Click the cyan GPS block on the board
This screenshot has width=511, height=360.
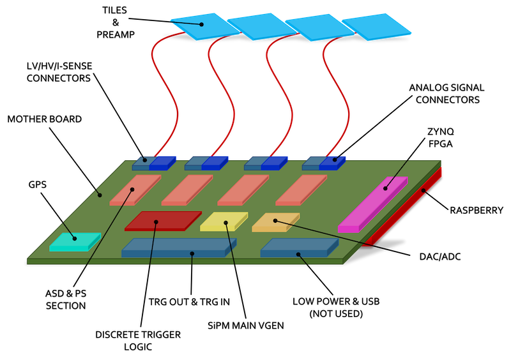(x=75, y=242)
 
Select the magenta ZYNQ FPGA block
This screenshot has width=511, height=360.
(x=373, y=205)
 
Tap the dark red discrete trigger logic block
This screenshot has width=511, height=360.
(x=163, y=221)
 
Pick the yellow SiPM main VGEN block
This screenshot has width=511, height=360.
(x=224, y=222)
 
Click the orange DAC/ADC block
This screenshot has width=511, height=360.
(x=276, y=223)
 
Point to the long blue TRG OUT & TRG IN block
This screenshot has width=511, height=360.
(x=179, y=248)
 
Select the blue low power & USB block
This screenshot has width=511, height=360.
(x=300, y=248)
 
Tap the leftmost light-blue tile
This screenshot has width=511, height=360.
(x=205, y=27)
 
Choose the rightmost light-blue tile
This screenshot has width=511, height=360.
(x=376, y=27)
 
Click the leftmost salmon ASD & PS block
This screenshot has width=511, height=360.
(x=135, y=190)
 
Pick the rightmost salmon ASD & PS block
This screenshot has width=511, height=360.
(x=301, y=190)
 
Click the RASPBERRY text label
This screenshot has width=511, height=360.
(x=476, y=211)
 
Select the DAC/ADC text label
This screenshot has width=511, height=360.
(x=440, y=257)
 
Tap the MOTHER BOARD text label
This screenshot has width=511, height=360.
(x=44, y=119)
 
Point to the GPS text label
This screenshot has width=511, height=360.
(x=38, y=184)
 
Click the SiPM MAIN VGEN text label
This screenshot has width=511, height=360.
(x=246, y=326)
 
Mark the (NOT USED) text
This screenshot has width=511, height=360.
(x=336, y=314)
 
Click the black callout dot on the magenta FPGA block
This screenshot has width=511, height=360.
(x=385, y=188)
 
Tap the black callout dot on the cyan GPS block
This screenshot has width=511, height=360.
(x=75, y=239)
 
